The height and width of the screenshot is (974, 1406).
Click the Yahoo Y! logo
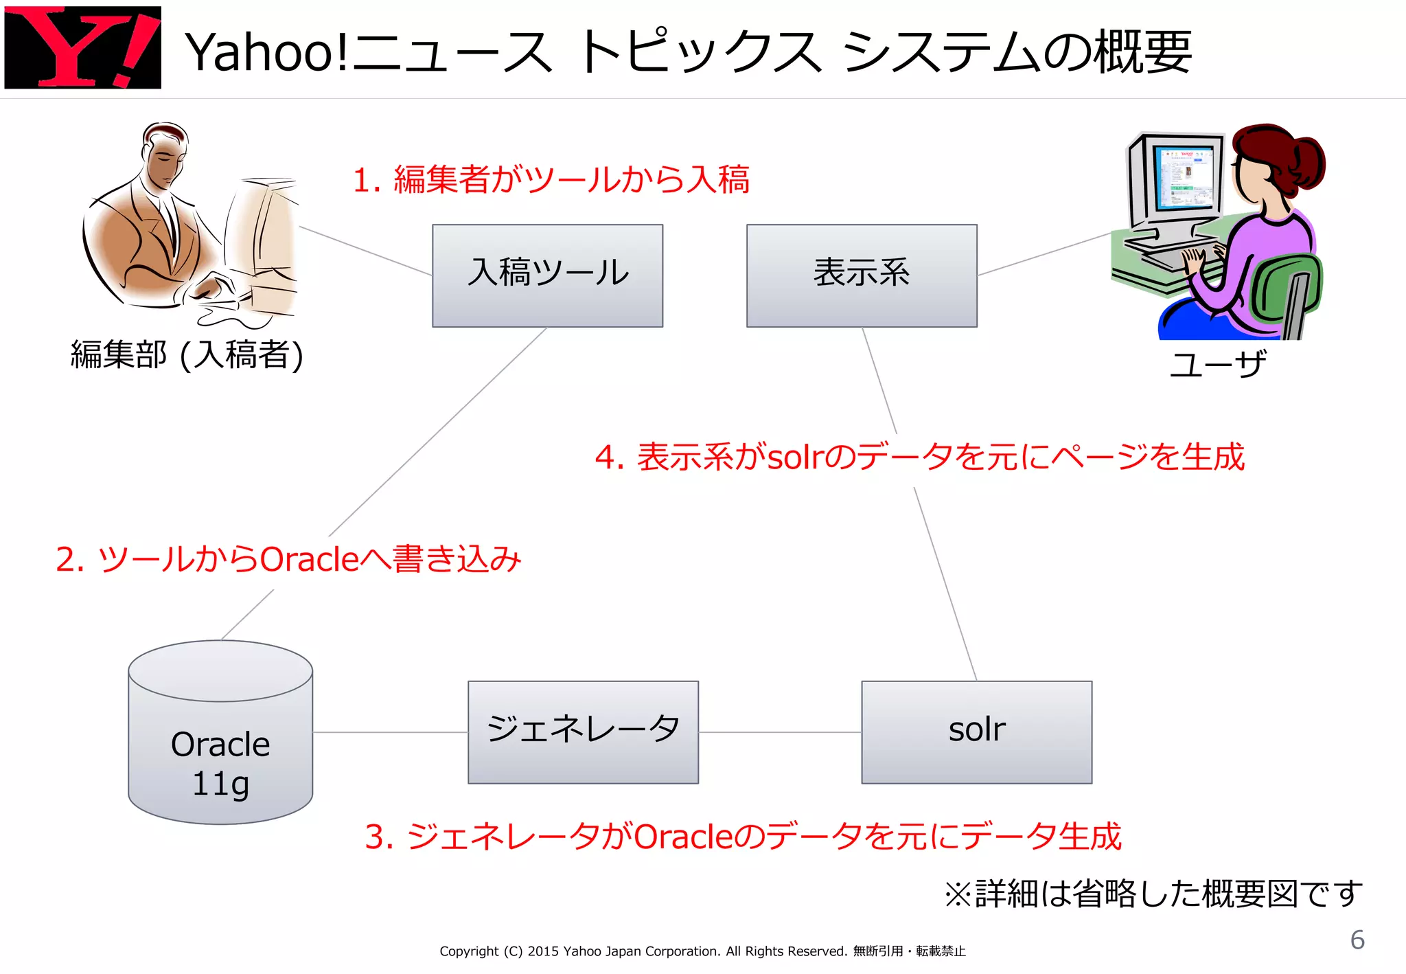(x=82, y=47)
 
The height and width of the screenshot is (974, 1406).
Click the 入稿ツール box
(x=547, y=275)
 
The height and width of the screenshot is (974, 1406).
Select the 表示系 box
(x=862, y=275)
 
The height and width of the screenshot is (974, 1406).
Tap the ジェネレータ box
(x=583, y=732)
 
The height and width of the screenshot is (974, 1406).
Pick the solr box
(x=976, y=732)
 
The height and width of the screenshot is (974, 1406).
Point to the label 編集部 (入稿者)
(x=187, y=355)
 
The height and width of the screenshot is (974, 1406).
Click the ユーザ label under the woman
(x=1217, y=364)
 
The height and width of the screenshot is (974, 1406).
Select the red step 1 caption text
(x=551, y=180)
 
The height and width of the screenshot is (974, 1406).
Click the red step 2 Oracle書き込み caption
(x=288, y=559)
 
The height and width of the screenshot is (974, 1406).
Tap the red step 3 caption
(x=743, y=837)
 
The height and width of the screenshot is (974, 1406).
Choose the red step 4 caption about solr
(x=919, y=457)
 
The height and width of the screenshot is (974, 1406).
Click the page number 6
(x=1357, y=940)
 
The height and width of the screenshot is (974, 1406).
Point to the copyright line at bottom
(x=702, y=951)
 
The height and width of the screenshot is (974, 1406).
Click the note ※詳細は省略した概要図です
(x=1153, y=894)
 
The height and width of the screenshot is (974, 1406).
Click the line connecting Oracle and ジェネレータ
(x=390, y=732)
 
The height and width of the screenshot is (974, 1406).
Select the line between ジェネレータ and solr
(x=780, y=732)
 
